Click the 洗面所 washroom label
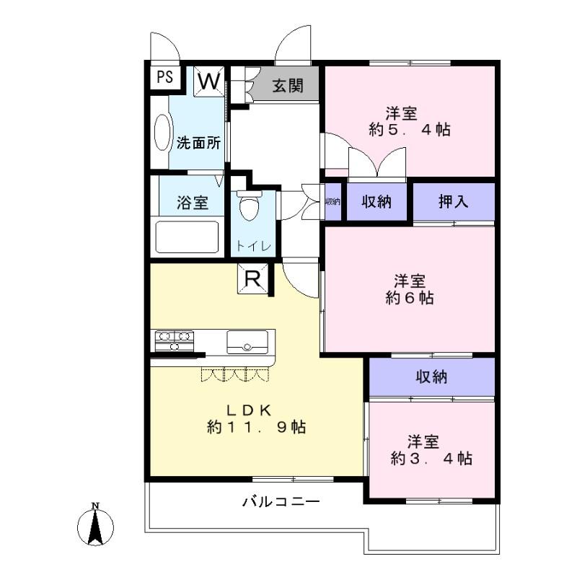(199, 142)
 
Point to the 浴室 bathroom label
(193, 203)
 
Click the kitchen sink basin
(247, 341)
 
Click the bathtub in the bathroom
(187, 237)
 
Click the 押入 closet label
(454, 202)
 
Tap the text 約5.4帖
(410, 130)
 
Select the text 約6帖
(410, 296)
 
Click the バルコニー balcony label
(281, 501)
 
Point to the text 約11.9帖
(256, 428)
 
